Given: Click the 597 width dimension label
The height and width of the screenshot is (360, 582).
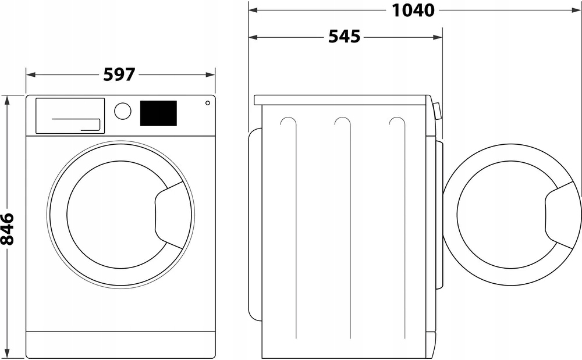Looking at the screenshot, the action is point(119,74).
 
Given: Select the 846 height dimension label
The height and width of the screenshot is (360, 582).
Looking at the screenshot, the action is point(7,229).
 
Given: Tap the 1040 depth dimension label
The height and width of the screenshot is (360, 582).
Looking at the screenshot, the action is point(413,10).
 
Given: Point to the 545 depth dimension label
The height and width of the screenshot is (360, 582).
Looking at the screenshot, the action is point(344,37).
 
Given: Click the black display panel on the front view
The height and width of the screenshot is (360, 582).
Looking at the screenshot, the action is point(158,113).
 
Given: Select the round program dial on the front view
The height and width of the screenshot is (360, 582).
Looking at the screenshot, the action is point(122,111).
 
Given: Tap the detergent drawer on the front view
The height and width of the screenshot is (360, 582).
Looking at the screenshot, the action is point(70,116).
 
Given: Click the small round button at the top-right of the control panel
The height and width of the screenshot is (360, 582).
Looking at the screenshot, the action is point(208,103).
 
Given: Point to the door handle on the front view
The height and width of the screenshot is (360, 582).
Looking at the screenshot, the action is point(169,215).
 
